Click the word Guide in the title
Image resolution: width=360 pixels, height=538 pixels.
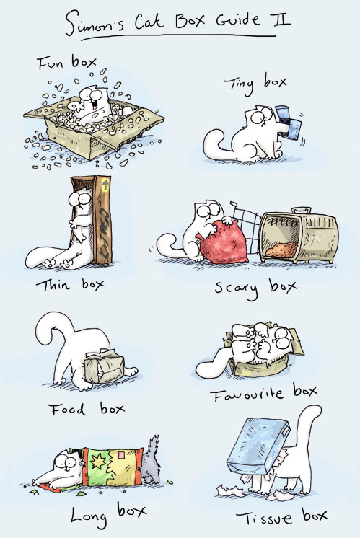[238, 20]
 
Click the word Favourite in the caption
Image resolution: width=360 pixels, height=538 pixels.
[247, 395]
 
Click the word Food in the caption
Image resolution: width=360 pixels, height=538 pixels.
[66, 410]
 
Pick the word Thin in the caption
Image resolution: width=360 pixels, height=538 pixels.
[53, 285]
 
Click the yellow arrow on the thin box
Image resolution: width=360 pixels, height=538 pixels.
[105, 184]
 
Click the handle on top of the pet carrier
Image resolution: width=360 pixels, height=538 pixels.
[301, 210]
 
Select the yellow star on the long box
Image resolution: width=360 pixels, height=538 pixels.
[99, 462]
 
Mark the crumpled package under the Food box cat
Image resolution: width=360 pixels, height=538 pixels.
[104, 366]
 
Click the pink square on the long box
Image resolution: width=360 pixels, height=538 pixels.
[121, 456]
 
